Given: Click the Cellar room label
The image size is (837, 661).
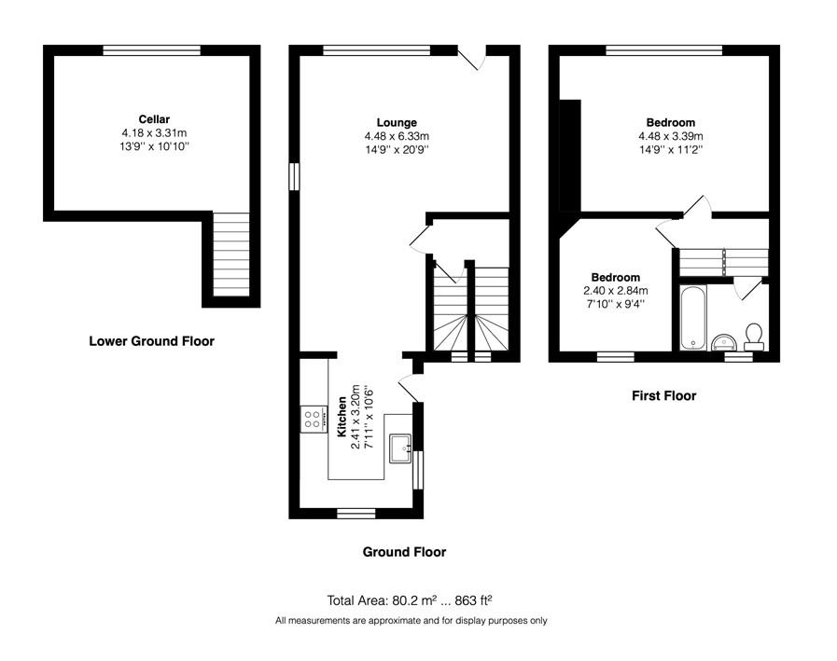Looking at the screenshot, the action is coord(154,119).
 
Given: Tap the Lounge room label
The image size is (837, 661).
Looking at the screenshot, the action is coord(397,123).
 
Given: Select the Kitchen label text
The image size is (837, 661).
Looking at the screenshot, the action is coord(342,417).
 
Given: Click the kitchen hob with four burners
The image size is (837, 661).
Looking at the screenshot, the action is coord(314,420).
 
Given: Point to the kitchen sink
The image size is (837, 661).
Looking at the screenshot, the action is coord(399,448).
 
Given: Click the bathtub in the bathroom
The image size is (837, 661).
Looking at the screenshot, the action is coord(693,317).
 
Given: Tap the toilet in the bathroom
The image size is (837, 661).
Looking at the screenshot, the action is coord(754,337).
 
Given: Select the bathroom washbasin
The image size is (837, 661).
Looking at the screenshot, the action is coord(724,341).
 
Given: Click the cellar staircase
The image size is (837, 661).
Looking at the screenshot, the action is coord(231,255).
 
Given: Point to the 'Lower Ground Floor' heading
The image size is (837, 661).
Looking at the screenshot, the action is coord(151,341).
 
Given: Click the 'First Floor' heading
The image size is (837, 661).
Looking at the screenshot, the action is coord(664,396).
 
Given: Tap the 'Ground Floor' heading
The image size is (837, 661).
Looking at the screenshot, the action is coord(404,552).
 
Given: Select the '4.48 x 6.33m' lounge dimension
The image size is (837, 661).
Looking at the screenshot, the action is coord(397,136).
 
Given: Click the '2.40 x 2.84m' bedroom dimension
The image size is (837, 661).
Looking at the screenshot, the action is coord(616,291).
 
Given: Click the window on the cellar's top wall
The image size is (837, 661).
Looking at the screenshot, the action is coord(151,50).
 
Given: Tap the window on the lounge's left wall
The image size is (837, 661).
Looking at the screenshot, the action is coord(294,176).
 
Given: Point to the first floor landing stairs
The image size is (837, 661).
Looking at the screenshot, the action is coord(723,263).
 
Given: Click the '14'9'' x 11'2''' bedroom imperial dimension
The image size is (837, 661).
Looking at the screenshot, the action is coord(671,150).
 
